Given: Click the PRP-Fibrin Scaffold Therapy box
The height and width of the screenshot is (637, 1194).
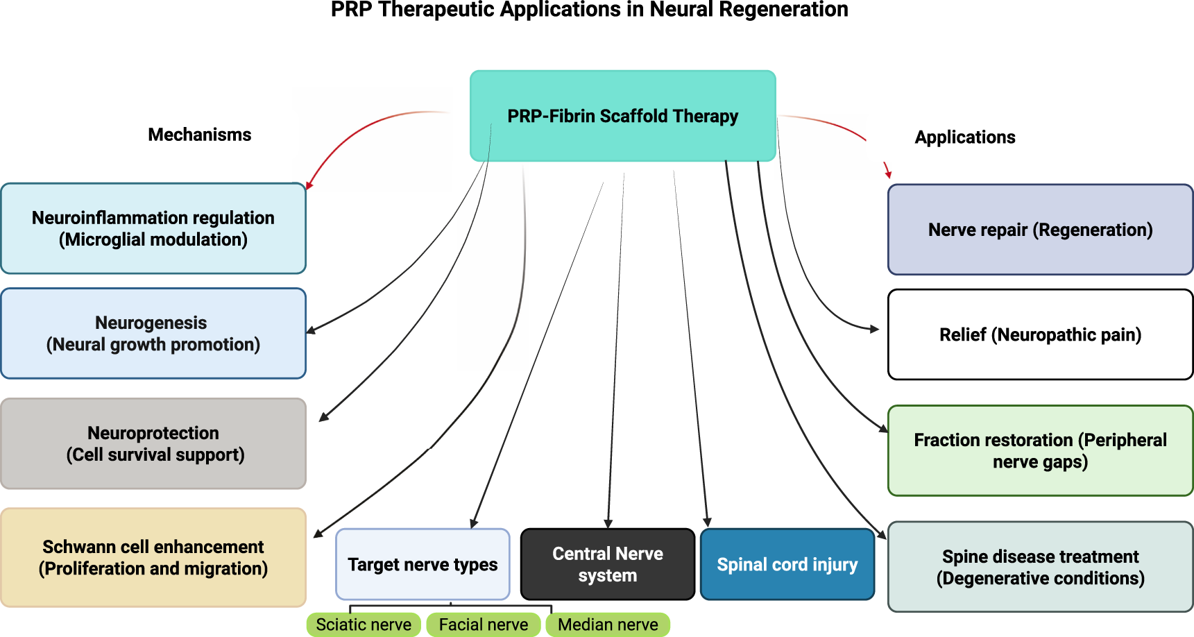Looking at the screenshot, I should (x=622, y=116).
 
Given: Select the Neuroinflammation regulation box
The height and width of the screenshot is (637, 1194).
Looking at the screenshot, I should (x=153, y=228).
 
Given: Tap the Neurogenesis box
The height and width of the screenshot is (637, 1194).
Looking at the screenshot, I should (x=153, y=334).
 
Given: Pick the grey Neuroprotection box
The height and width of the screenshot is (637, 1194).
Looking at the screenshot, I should (x=153, y=443).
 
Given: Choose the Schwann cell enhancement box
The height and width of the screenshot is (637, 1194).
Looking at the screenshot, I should (x=153, y=557).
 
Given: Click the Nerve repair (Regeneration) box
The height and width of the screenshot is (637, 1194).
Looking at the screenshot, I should (x=1040, y=230).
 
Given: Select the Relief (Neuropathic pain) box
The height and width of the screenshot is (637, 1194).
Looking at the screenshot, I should (x=1040, y=334).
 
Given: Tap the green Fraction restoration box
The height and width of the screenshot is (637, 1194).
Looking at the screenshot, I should (x=1040, y=450).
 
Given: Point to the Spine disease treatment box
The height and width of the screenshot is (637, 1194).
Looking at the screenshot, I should (x=1040, y=567).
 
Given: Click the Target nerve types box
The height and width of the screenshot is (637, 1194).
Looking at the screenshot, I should (x=423, y=564).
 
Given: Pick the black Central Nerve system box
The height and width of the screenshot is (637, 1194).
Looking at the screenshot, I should (x=607, y=564).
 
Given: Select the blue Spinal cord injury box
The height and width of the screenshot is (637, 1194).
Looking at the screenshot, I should (x=787, y=564).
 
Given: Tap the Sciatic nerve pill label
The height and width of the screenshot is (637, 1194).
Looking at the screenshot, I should (x=364, y=625).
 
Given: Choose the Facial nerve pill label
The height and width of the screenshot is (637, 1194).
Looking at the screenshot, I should (x=484, y=625).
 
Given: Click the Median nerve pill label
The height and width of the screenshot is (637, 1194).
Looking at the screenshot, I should (x=608, y=625).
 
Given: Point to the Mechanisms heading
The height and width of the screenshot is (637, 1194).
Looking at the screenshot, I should (x=200, y=135).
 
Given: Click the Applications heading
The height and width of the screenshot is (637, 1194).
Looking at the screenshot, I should (x=964, y=137).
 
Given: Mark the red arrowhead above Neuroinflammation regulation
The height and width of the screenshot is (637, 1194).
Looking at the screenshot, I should (x=309, y=185).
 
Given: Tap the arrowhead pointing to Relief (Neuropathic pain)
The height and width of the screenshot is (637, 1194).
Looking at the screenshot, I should (x=875, y=329).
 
